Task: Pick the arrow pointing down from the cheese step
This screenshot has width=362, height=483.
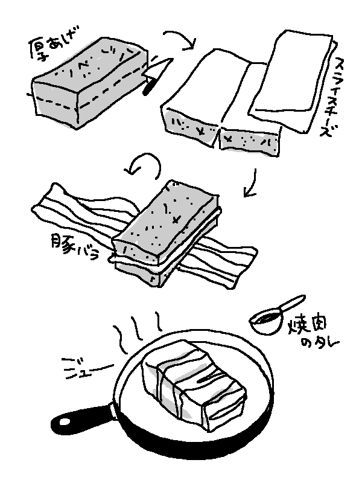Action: pos(252,184)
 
